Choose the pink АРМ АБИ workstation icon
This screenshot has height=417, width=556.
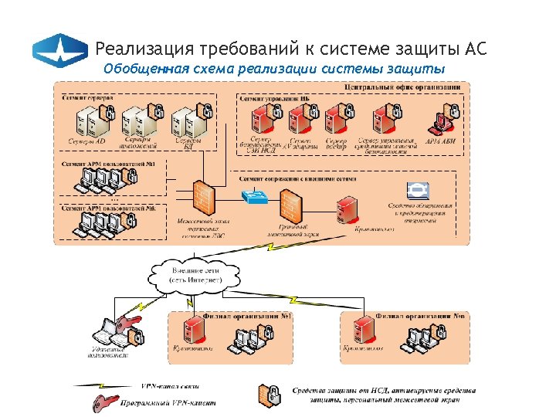[x=441, y=120]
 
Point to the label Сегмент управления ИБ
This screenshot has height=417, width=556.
[x=276, y=100]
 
